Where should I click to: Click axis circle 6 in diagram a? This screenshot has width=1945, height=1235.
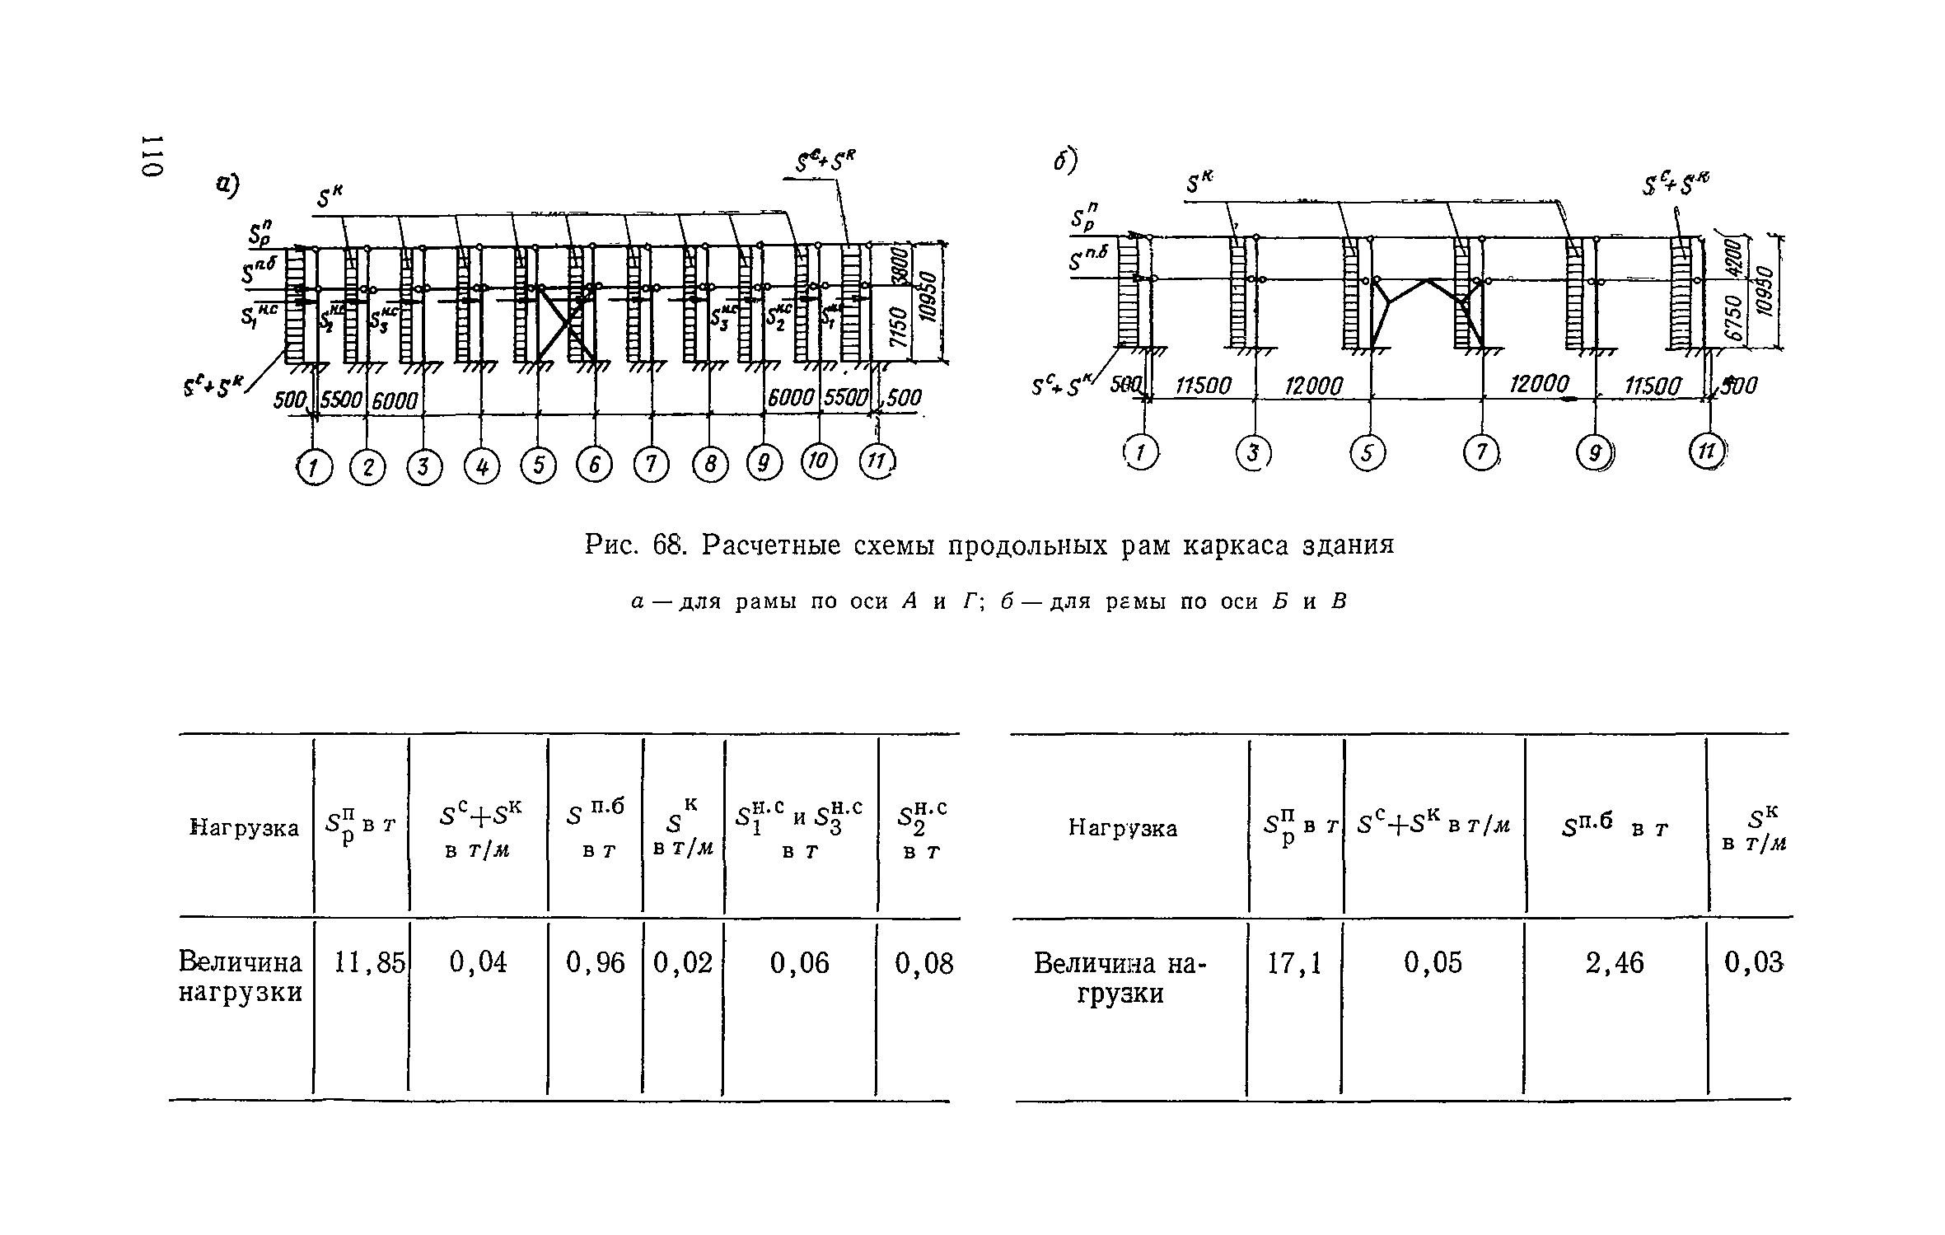595,466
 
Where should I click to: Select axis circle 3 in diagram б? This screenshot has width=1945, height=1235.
1254,452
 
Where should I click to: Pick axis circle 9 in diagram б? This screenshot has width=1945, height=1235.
1596,452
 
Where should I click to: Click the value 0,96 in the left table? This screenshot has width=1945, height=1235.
596,962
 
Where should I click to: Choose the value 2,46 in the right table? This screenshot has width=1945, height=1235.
1615,963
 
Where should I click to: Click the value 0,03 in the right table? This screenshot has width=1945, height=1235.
1754,962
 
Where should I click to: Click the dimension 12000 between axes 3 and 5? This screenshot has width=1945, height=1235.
1314,386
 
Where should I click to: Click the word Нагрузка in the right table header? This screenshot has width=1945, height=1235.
1123,827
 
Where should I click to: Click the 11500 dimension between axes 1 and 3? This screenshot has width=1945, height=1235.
1204,386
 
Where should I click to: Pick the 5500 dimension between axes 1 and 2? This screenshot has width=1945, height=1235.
341,400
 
